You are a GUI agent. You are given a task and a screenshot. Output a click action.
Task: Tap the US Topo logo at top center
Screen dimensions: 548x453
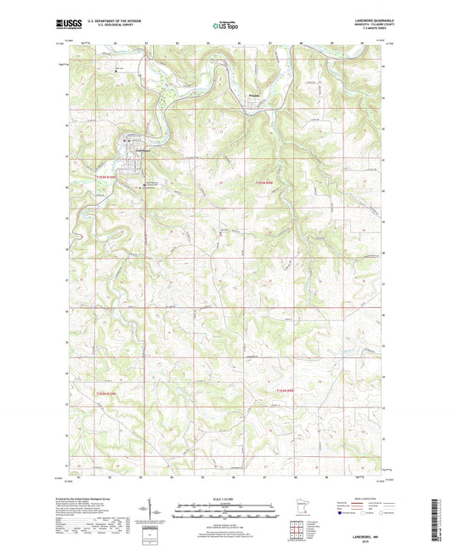(221, 26)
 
